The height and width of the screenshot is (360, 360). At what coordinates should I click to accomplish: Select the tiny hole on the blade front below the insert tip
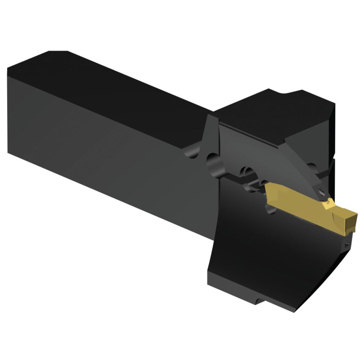coord(347,244)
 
